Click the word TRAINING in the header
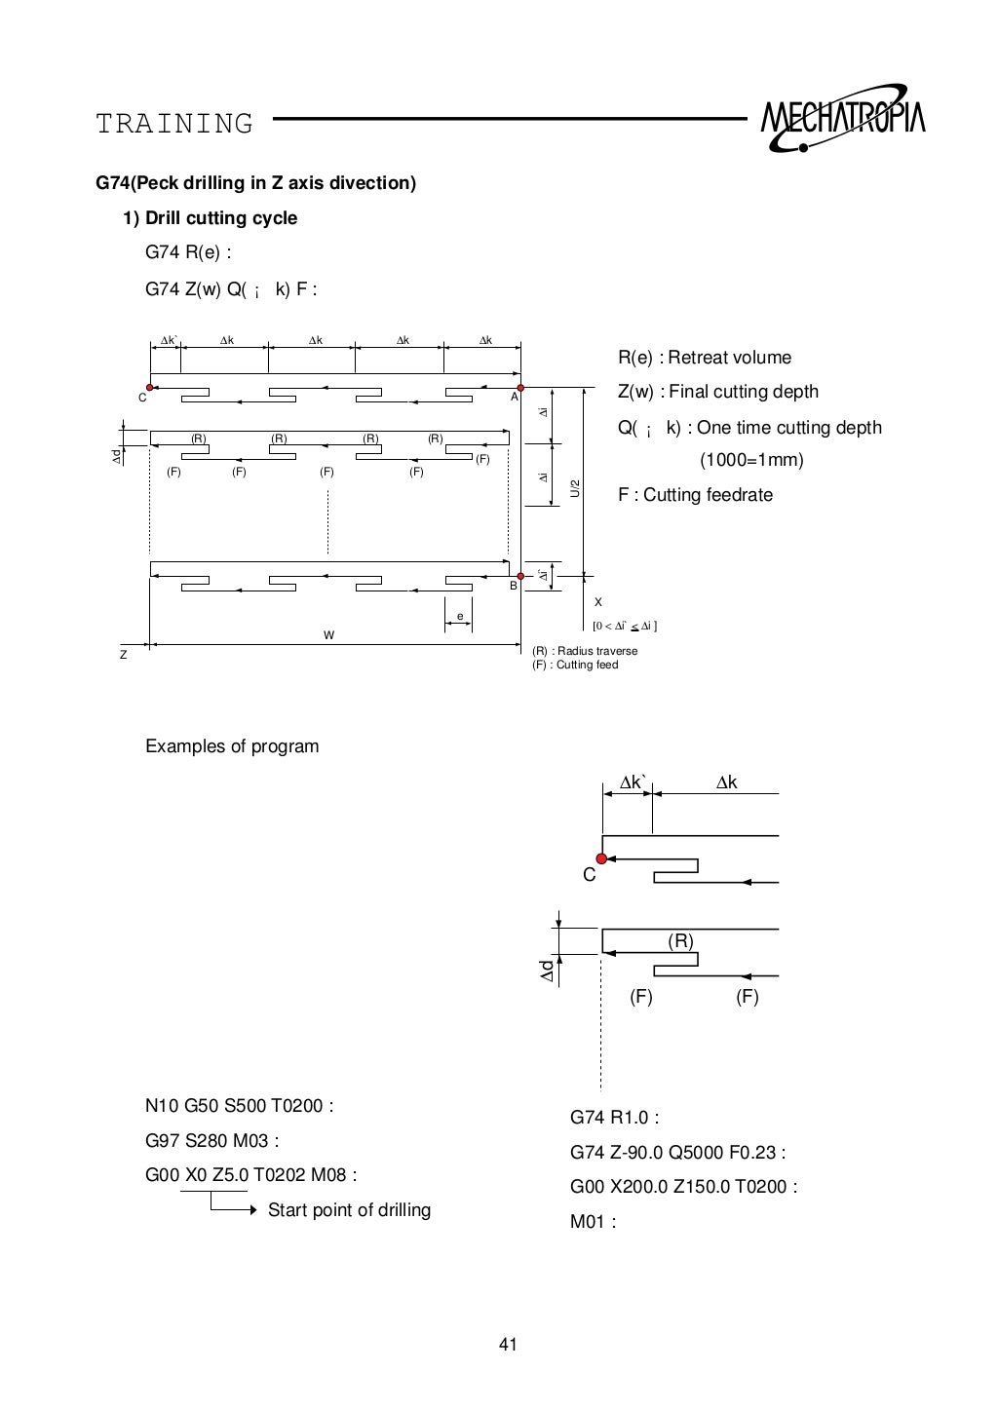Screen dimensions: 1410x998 point(174,125)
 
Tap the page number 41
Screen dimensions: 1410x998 point(508,1346)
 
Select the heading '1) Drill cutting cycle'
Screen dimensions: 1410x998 point(210,218)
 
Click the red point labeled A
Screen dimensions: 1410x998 point(521,388)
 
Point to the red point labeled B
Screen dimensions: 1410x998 point(520,576)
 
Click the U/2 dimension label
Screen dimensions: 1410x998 point(575,488)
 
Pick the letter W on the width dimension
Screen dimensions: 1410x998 point(328,635)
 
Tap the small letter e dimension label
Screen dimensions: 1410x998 point(460,615)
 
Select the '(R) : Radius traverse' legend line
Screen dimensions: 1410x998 point(585,651)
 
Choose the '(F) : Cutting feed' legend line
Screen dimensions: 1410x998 point(575,665)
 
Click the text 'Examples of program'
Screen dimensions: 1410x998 point(232,746)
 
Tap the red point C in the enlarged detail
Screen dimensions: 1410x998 point(601,858)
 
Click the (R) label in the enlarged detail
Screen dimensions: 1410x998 point(680,940)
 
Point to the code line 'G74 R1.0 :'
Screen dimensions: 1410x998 point(614,1118)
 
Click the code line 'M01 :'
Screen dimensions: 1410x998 point(593,1222)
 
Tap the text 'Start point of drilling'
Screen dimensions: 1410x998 point(349,1210)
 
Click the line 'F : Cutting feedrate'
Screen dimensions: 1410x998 point(695,495)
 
